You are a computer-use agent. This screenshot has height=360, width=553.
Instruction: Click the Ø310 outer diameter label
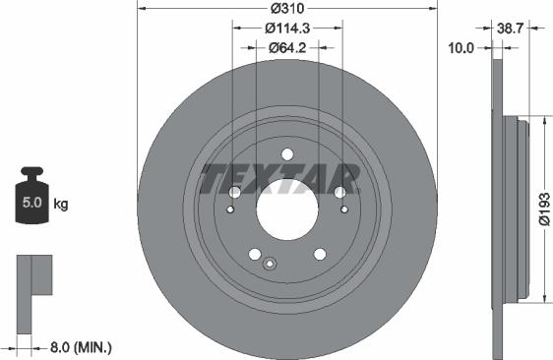click(x=286, y=8)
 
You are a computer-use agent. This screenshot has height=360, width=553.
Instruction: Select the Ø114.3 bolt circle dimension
click(x=286, y=29)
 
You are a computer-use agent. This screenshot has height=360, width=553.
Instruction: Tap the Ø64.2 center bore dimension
click(x=286, y=46)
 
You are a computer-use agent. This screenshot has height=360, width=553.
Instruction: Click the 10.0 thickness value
click(x=462, y=46)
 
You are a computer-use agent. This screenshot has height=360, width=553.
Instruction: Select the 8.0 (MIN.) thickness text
click(x=80, y=346)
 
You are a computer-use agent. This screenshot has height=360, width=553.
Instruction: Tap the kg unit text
click(x=60, y=205)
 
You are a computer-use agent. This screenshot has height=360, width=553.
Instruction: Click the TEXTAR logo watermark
click(x=278, y=179)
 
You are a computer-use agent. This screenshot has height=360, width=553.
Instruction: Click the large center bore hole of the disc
click(x=286, y=206)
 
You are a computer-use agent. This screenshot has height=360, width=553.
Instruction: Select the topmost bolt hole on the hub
click(x=286, y=153)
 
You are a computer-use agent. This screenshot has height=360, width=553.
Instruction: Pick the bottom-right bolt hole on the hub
click(x=320, y=254)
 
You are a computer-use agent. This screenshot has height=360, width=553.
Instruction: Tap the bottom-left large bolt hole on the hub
click(x=254, y=254)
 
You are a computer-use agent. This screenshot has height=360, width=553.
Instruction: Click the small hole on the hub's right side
click(x=343, y=210)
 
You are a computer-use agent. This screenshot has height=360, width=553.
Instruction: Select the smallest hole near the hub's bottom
click(x=269, y=262)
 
